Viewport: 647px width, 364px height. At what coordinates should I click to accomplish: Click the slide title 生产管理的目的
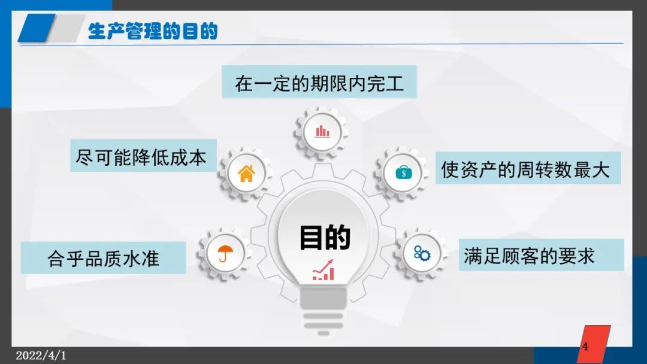point(153,31)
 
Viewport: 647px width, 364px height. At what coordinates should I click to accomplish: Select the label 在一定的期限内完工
point(319,83)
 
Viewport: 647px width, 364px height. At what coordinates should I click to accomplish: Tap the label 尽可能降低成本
point(141,157)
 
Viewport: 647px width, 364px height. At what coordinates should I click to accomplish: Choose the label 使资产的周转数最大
point(526,169)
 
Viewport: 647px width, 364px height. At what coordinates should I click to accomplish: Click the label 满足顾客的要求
point(529,256)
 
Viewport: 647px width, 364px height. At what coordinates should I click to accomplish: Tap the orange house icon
point(246,173)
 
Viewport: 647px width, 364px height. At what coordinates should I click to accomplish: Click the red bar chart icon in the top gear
point(322,132)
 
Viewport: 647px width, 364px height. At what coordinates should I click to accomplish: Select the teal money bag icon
point(404,172)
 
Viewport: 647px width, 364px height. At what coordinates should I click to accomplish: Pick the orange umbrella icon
point(225,253)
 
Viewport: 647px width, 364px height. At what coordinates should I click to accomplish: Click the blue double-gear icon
point(422,253)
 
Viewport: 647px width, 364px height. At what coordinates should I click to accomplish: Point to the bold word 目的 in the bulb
point(325,238)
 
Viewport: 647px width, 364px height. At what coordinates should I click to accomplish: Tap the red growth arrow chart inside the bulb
point(323,270)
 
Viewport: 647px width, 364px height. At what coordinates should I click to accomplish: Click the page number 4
point(585,346)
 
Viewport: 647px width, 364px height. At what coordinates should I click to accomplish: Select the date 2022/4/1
point(41,356)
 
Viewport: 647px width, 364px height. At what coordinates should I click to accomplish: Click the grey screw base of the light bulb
point(323,311)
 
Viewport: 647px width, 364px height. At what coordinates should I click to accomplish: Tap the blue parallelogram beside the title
point(37,28)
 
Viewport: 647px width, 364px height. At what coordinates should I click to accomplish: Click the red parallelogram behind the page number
point(594,344)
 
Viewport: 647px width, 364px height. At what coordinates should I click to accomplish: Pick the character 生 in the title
point(97,31)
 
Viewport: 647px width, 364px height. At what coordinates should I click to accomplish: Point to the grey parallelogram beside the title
point(66,28)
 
